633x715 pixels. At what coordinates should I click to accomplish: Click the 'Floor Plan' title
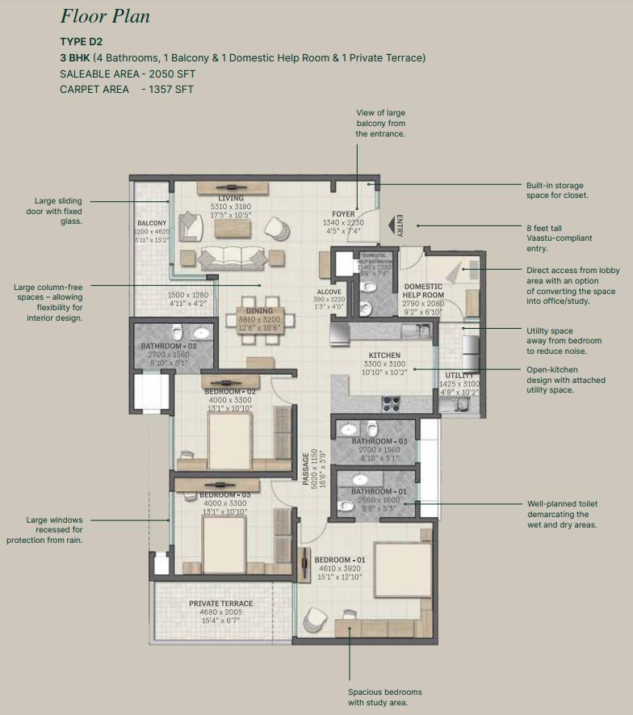click(x=105, y=16)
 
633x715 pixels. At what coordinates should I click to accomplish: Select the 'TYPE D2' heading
click(x=81, y=41)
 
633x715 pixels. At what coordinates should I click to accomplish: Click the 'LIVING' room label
click(x=231, y=198)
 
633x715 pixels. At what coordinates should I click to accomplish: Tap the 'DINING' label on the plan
click(x=259, y=310)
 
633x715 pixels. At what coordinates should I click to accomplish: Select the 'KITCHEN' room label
click(x=384, y=355)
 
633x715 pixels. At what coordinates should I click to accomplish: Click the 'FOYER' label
click(x=343, y=214)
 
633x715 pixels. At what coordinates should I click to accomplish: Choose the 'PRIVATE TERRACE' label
click(x=220, y=604)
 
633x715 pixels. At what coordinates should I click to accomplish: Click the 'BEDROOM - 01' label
click(x=339, y=560)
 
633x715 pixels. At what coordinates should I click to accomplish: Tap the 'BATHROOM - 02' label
click(x=169, y=347)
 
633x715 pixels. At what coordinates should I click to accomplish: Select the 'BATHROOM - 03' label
click(x=379, y=441)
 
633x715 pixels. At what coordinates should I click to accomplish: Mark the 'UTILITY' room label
click(x=459, y=375)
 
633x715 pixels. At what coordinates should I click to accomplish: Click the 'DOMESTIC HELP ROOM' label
click(x=423, y=291)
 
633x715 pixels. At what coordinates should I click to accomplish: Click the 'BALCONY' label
click(x=152, y=223)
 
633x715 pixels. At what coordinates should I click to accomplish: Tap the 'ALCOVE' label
click(x=329, y=292)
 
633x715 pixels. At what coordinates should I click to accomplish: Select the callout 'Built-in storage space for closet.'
click(x=555, y=190)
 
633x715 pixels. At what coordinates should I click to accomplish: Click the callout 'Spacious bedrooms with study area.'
click(x=384, y=697)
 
